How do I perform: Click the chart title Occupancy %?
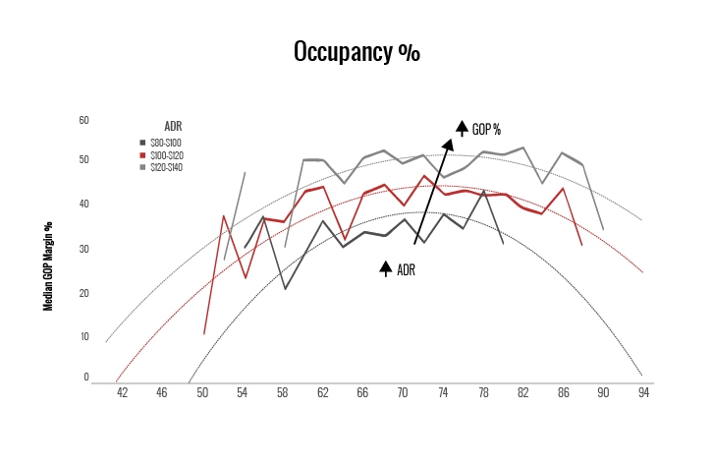pos(356,53)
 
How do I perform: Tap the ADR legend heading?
pos(173,126)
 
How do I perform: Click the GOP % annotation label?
pos(486,130)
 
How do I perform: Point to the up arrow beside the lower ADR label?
pos(386,268)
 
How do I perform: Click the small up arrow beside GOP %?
pos(461,128)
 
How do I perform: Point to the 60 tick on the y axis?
pos(83,120)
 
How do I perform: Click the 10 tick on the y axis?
pos(83,336)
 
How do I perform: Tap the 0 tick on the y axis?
pos(85,377)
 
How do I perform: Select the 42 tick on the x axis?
pos(123,392)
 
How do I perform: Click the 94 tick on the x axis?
pos(643,392)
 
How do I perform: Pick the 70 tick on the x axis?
pos(403,392)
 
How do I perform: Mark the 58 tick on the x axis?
pos(283,392)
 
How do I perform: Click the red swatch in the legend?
pos(143,155)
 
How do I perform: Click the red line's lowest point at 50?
pos(204,334)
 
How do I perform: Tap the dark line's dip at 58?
pos(284,288)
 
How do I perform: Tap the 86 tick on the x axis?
pos(563,392)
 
